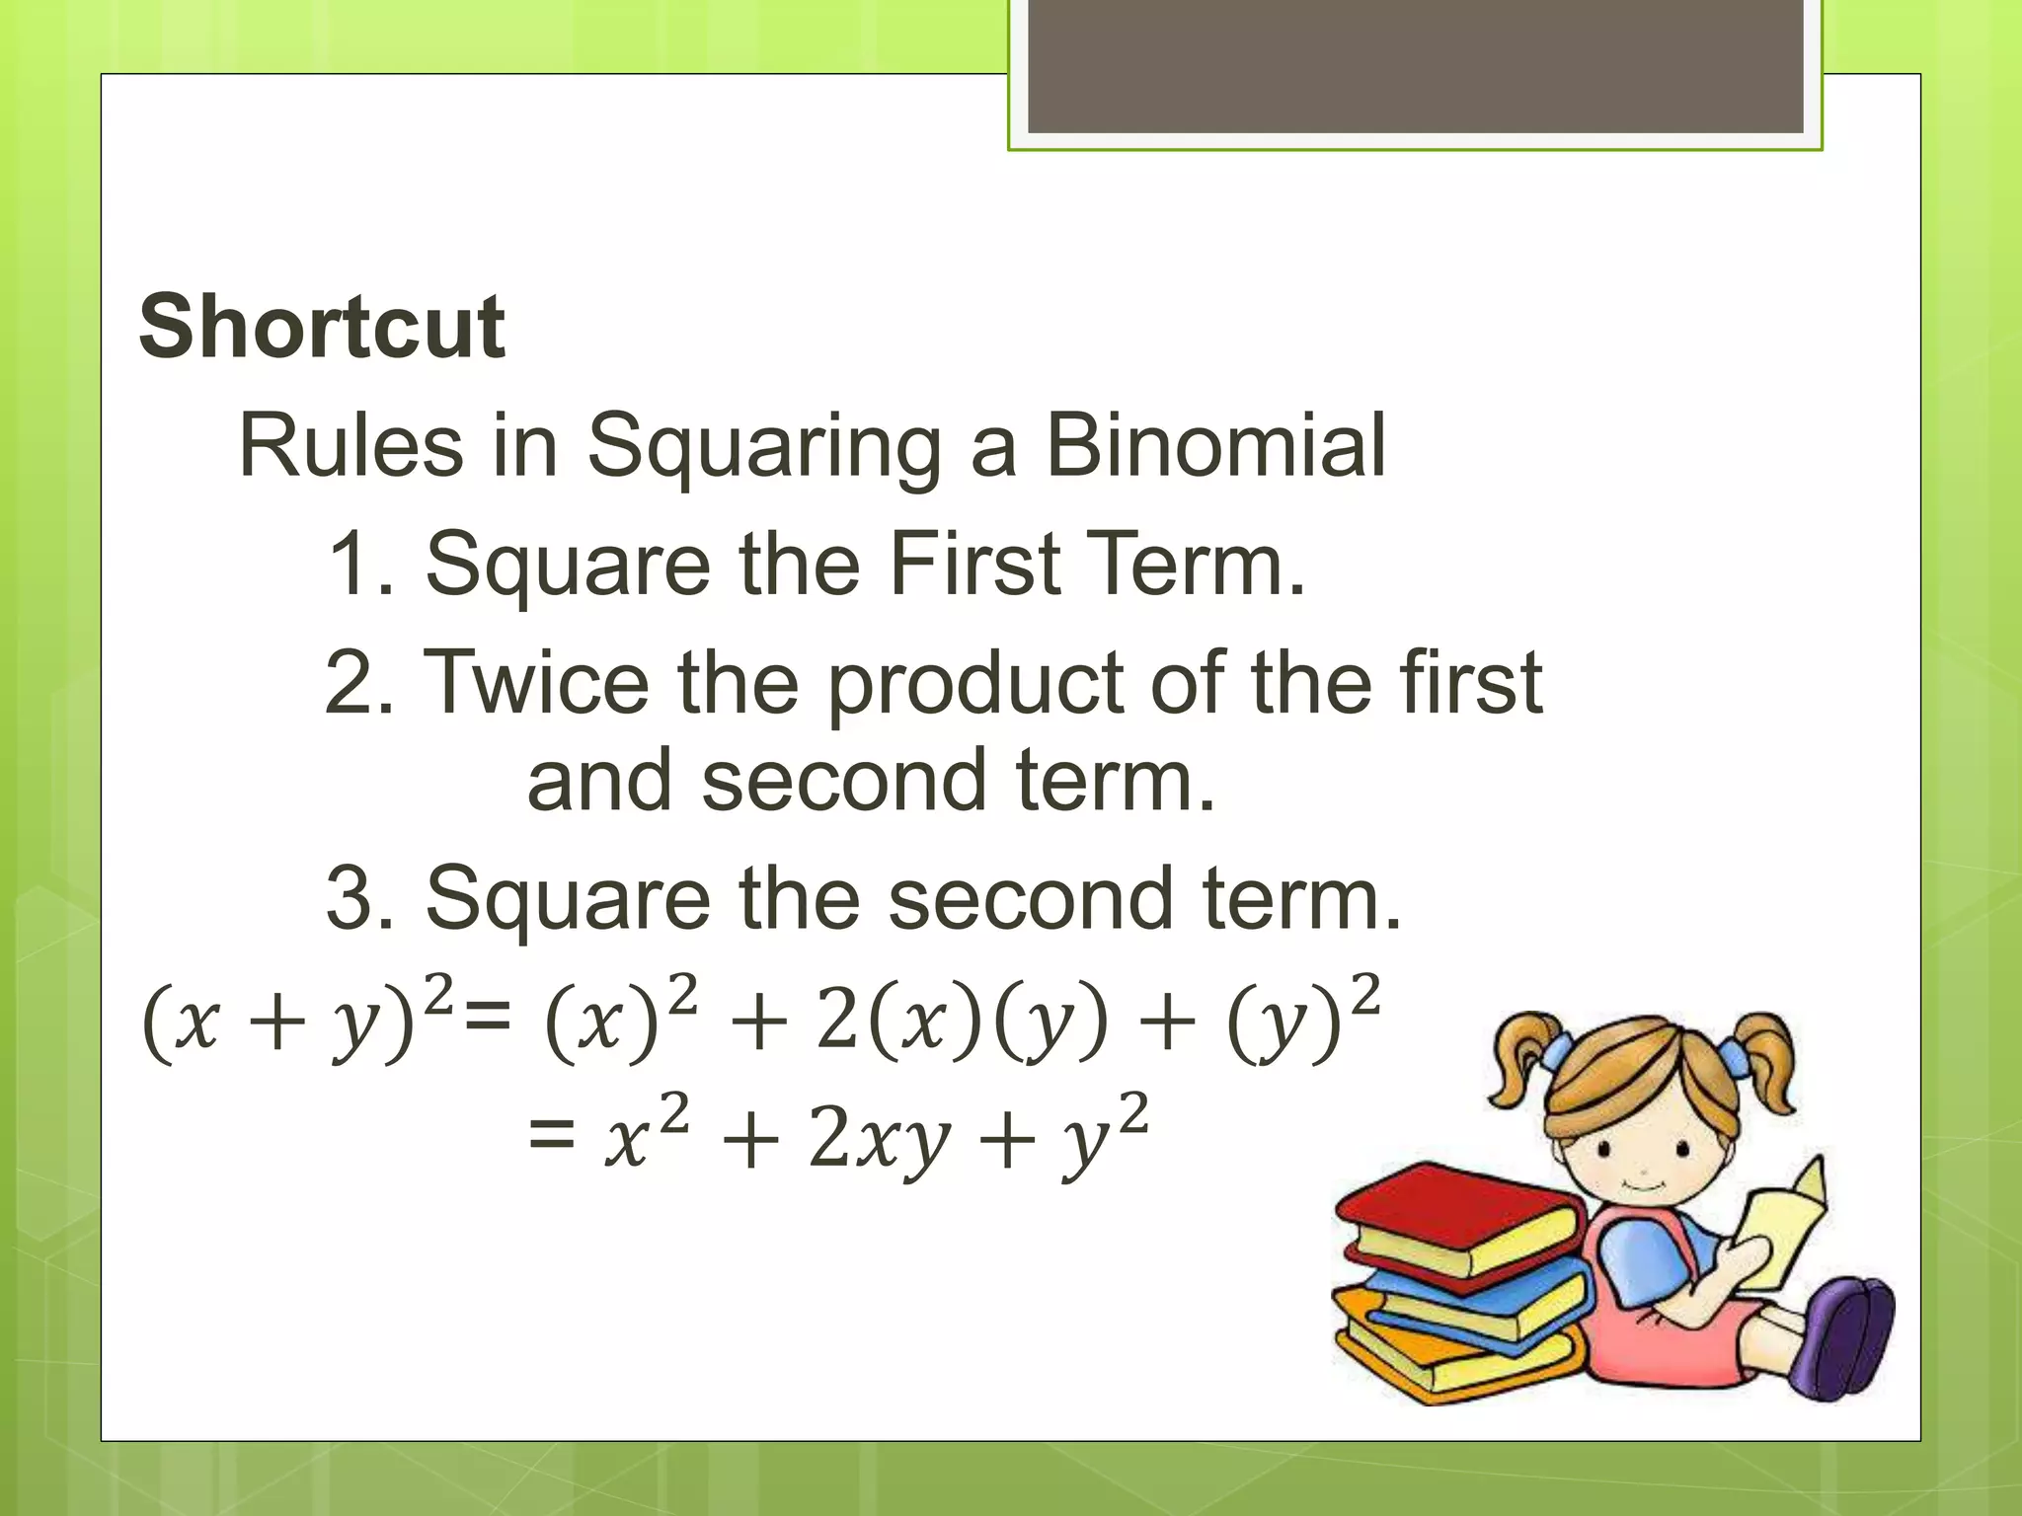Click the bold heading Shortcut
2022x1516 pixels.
(x=322, y=327)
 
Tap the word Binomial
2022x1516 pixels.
(x=1215, y=446)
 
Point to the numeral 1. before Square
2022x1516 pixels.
(x=359, y=564)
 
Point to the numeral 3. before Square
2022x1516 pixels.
(x=359, y=898)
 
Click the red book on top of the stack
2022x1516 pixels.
(x=1451, y=1209)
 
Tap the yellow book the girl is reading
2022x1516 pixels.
(x=1782, y=1229)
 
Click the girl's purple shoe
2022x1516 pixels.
(x=1846, y=1337)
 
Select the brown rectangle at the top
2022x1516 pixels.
(x=1415, y=66)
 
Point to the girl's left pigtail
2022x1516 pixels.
(x=1525, y=1061)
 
